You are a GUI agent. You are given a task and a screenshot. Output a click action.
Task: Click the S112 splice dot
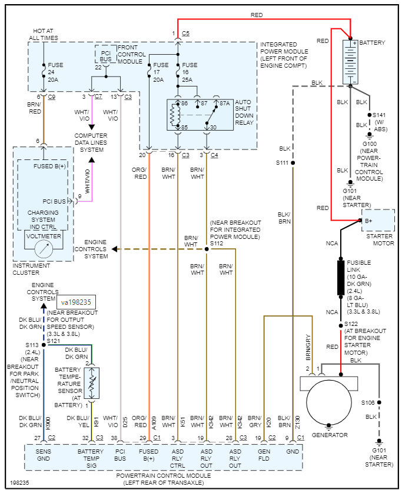(x=207, y=249)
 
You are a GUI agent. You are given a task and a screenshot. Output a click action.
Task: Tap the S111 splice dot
(x=293, y=162)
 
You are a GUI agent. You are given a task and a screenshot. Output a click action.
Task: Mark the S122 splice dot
(x=340, y=325)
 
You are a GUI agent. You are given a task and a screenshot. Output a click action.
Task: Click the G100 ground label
(x=369, y=144)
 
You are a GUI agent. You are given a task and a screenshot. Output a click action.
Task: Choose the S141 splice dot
(x=369, y=115)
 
